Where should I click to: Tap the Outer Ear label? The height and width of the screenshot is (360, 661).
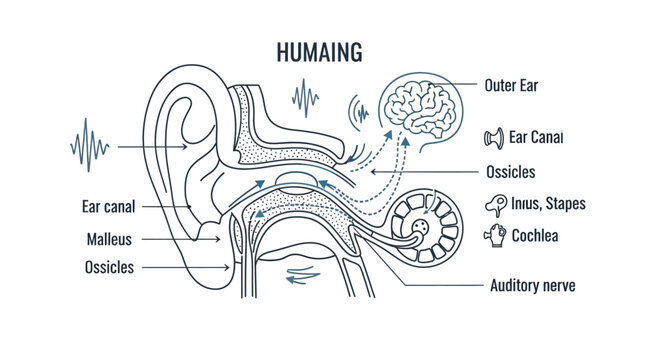coord(510,86)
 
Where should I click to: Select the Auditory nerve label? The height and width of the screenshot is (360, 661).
coord(532,285)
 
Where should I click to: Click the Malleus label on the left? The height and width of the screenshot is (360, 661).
coord(110,240)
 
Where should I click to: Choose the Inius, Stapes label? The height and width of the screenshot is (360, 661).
coord(547,204)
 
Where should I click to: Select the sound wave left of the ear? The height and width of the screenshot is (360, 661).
coord(91,146)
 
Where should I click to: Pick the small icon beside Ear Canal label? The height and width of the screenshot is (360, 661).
coord(492,137)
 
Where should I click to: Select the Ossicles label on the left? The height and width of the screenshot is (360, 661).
coord(110,268)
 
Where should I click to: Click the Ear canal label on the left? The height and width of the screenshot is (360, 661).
coord(108,207)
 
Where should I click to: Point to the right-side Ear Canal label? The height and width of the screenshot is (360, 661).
coord(536,137)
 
